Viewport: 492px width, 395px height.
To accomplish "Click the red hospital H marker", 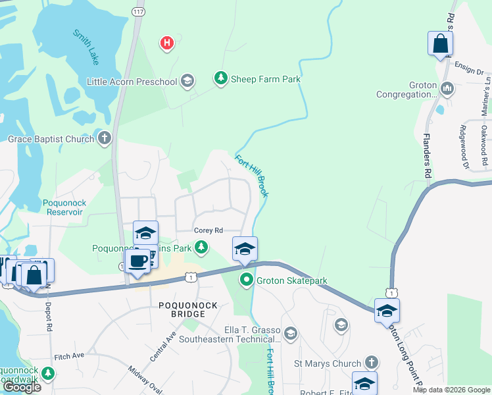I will pos(168,43).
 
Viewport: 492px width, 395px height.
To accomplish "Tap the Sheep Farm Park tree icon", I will pos(221,79).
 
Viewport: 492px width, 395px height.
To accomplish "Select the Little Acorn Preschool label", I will pos(132,82).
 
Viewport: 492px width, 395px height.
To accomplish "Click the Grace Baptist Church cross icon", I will pos(104,138).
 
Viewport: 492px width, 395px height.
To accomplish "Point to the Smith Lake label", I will pos(86,47).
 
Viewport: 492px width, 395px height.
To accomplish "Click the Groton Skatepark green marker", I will pos(247,280).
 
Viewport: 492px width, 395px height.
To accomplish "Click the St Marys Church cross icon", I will pos(371,363).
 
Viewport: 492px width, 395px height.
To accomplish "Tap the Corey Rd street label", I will pos(209,230).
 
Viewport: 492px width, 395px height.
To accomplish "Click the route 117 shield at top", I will pos(137,12).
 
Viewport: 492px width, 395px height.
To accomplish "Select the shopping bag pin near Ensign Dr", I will pos(441,45).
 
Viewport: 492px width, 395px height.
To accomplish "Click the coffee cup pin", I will pos(137,261).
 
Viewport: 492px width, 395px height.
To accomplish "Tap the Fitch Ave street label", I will pos(70,355).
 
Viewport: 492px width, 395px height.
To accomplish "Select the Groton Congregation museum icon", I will pos(447,88).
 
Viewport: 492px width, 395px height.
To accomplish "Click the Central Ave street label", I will pos(162,346).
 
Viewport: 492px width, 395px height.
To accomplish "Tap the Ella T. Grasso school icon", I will pos(292,334).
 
